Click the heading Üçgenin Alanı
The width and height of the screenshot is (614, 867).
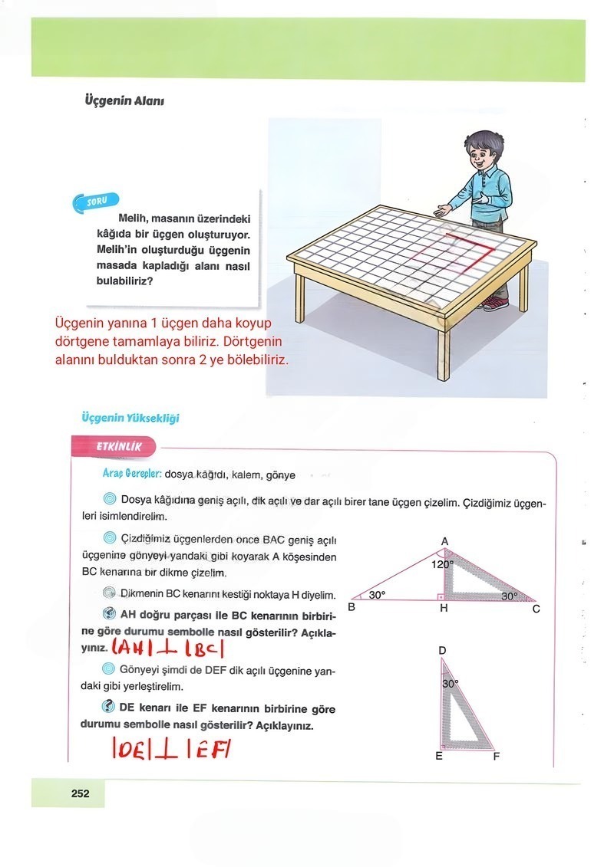pyautogui.click(x=124, y=100)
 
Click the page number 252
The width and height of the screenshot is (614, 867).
pyautogui.click(x=80, y=793)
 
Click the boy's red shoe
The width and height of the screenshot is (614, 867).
pyautogui.click(x=495, y=304)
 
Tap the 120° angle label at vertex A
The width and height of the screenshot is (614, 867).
pyautogui.click(x=443, y=564)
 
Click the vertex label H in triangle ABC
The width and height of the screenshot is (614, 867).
pyautogui.click(x=444, y=609)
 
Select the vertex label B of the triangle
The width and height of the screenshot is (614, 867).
pyautogui.click(x=352, y=608)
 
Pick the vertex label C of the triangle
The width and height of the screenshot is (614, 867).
pyautogui.click(x=536, y=609)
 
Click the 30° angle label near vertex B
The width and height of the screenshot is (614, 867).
pyautogui.click(x=377, y=594)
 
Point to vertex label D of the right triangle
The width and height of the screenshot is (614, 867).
pyautogui.click(x=442, y=651)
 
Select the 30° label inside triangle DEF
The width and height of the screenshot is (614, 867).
pyautogui.click(x=451, y=683)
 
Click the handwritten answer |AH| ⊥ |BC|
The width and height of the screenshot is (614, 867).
pyautogui.click(x=166, y=650)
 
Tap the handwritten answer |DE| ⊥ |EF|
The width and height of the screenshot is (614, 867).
pyautogui.click(x=171, y=746)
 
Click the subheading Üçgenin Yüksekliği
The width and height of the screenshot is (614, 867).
pyautogui.click(x=130, y=418)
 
